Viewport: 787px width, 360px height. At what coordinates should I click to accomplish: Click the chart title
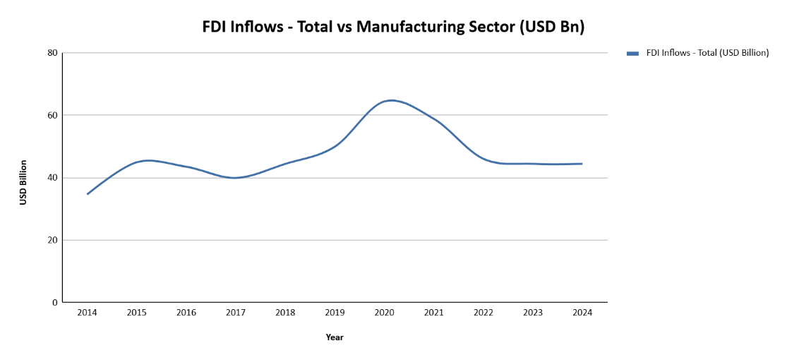coord(394,27)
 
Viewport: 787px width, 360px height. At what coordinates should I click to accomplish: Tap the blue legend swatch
coord(632,54)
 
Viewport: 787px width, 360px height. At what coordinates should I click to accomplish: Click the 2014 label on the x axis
coord(88,313)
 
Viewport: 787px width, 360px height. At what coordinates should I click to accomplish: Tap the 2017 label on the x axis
coord(236,313)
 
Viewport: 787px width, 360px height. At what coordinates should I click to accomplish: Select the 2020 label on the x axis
coord(385,313)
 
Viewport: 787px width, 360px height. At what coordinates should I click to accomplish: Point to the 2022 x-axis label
coord(483,313)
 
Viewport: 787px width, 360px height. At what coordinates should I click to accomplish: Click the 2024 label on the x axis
coord(582,313)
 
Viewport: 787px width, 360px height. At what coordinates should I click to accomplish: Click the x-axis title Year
coord(335,337)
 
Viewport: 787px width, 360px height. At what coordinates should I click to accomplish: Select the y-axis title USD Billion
coord(23,183)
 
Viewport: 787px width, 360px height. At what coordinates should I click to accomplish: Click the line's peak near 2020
coord(391,100)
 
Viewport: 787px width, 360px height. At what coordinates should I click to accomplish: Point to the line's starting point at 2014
coord(88,194)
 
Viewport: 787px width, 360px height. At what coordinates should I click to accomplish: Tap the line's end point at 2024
coord(582,164)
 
